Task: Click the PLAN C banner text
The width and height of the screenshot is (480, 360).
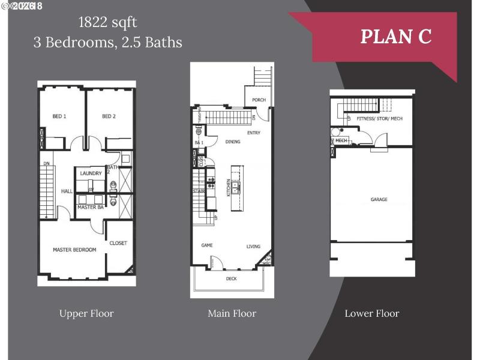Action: coord(395,36)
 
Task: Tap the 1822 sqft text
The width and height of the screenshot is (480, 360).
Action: coord(108,23)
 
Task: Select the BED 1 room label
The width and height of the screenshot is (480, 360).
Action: coord(59,116)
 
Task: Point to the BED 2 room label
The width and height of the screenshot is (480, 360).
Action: coord(109,116)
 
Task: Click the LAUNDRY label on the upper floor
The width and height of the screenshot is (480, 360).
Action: coord(91,173)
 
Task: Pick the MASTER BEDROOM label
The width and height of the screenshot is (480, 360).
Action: coord(74,250)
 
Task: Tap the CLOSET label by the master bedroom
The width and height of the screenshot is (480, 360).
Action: coord(118,243)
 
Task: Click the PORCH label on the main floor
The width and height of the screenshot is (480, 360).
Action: coord(259,100)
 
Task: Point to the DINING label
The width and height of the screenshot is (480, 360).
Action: coord(233,142)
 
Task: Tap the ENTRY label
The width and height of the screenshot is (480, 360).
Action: coord(254,133)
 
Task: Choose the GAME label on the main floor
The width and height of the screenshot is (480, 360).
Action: coord(207,246)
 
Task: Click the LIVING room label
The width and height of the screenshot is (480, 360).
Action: coord(253,247)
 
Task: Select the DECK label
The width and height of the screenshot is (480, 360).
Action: coord(231,279)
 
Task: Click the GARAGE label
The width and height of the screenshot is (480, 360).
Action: coord(379,199)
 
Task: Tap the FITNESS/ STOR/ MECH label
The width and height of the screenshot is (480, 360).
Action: coord(379,119)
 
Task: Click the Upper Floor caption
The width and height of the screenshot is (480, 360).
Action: coord(86,313)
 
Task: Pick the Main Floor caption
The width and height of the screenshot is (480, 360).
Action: coord(232,313)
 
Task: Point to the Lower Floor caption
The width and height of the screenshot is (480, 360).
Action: coord(372,313)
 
